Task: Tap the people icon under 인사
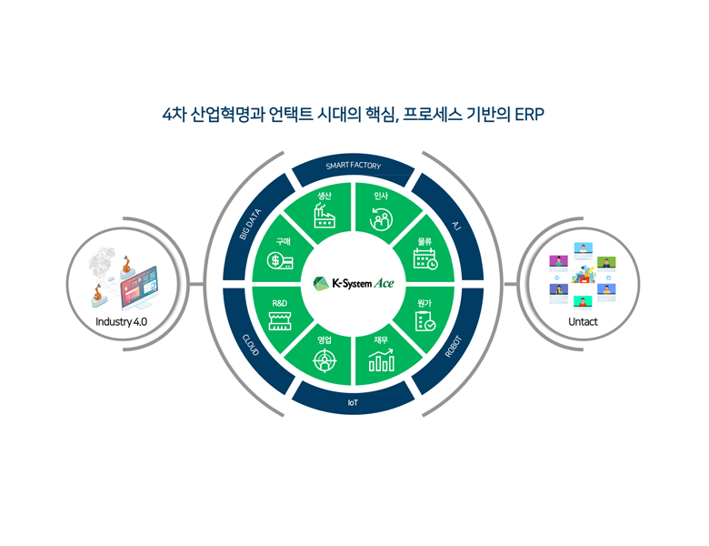pyautogui.click(x=380, y=218)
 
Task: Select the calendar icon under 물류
pyautogui.click(x=424, y=259)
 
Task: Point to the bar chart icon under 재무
pyautogui.click(x=381, y=361)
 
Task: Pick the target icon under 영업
pyautogui.click(x=325, y=361)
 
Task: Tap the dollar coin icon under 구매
pyautogui.click(x=280, y=261)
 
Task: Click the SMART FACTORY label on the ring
pyautogui.click(x=354, y=167)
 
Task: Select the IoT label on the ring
pyautogui.click(x=353, y=401)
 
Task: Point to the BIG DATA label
pyautogui.click(x=250, y=224)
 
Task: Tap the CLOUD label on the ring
pyautogui.click(x=251, y=346)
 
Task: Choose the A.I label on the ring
pyautogui.click(x=455, y=224)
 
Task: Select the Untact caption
pyautogui.click(x=583, y=321)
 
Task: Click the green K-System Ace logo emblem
pyautogui.click(x=322, y=284)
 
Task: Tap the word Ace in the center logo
pyautogui.click(x=384, y=284)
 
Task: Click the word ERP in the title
pyautogui.click(x=529, y=116)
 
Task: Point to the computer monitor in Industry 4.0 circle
pyautogui.click(x=139, y=287)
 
